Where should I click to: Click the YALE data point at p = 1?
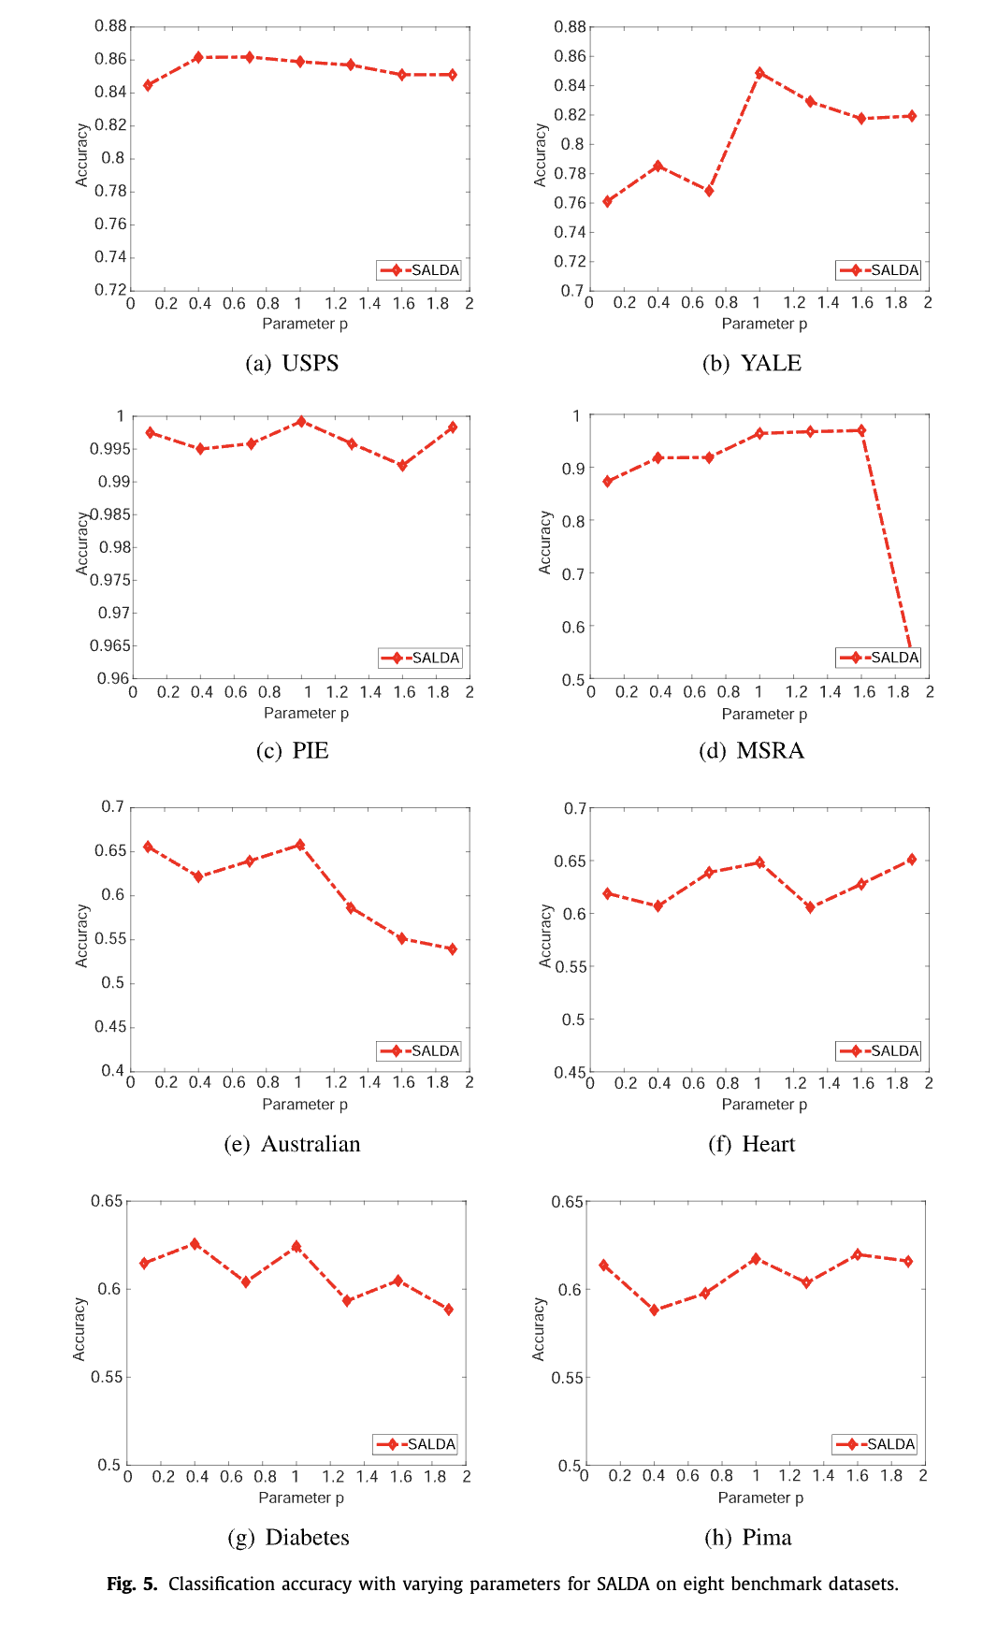tap(759, 73)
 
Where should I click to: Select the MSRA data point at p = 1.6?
tap(861, 430)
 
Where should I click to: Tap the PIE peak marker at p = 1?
tap(300, 422)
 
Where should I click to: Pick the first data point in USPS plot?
tap(148, 85)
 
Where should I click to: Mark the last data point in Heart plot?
tap(912, 860)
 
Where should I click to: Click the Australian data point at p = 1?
tap(300, 845)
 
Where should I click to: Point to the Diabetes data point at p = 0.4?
tap(195, 1244)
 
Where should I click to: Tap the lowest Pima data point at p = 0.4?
tap(655, 1310)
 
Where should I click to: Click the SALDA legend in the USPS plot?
tap(419, 270)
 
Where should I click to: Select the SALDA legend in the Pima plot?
tap(874, 1444)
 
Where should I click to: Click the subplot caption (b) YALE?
tap(752, 363)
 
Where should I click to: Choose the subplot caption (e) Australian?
tap(292, 1144)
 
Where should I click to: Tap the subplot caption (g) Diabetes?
tap(288, 1537)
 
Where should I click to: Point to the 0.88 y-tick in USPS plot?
tap(110, 26)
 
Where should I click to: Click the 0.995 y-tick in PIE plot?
tap(109, 449)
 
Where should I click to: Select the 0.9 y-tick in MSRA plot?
tap(572, 469)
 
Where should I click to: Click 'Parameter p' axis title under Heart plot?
tap(764, 1105)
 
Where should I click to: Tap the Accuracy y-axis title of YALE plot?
tap(540, 155)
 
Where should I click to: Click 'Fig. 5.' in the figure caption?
tap(132, 1584)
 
